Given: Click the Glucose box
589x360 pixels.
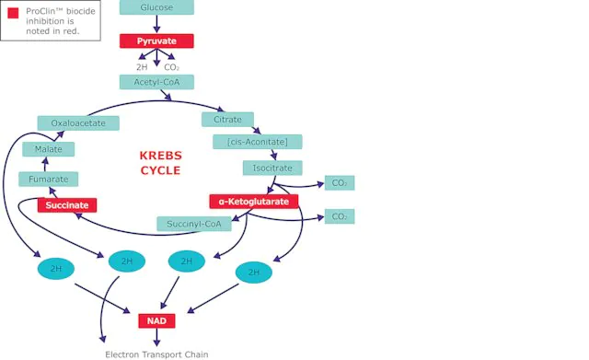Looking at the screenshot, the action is [156, 7].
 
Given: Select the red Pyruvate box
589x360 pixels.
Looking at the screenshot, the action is [156, 41].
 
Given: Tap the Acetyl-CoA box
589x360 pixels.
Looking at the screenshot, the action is [156, 82].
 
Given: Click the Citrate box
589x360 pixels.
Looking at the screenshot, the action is [227, 120].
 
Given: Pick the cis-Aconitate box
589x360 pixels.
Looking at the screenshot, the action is [258, 142].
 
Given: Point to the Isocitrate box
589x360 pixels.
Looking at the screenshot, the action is [272, 168].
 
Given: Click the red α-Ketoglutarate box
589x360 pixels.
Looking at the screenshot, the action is [254, 202].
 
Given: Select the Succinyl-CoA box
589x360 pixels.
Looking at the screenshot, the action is [194, 224].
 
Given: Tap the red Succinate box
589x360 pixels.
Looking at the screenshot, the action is [67, 205].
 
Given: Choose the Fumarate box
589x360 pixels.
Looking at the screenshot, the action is [49, 180].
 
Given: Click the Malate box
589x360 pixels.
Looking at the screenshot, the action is [49, 149].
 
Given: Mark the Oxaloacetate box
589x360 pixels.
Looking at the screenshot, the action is [78, 123].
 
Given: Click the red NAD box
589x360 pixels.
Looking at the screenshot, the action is [156, 321].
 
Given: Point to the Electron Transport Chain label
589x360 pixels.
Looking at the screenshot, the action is [156, 354].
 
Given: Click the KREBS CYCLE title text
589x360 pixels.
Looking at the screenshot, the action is [161, 163].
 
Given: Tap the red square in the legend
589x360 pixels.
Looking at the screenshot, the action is [13, 13].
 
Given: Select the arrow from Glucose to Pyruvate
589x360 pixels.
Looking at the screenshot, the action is [156, 24].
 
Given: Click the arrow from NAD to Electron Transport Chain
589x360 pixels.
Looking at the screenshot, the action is [156, 337].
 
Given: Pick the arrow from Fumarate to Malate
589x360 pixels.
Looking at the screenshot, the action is [45, 164].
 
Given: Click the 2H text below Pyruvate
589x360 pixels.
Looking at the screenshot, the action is [142, 67].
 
